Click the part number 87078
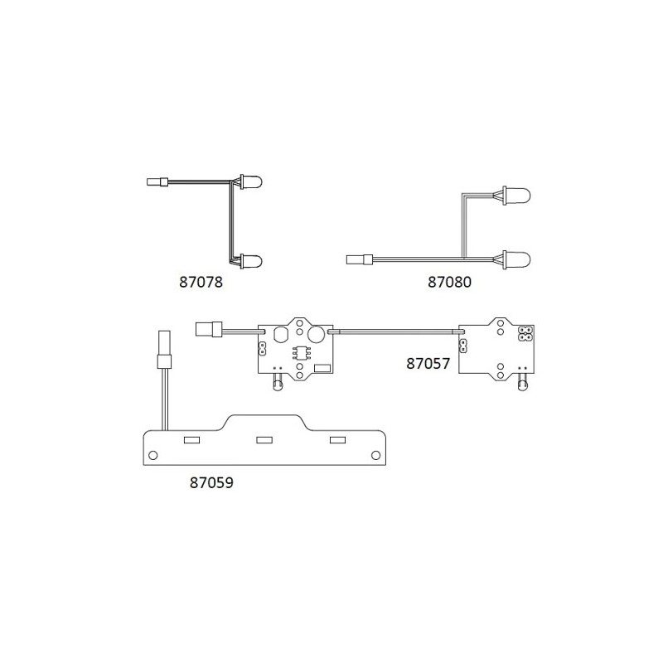(201, 282)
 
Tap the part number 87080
(449, 282)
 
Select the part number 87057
(428, 364)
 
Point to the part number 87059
(211, 482)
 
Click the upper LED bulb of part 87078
(251, 182)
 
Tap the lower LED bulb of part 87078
(251, 261)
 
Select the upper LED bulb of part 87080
(516, 196)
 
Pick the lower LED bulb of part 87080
(516, 259)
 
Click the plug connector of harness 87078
(157, 182)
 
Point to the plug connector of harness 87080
(360, 259)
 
